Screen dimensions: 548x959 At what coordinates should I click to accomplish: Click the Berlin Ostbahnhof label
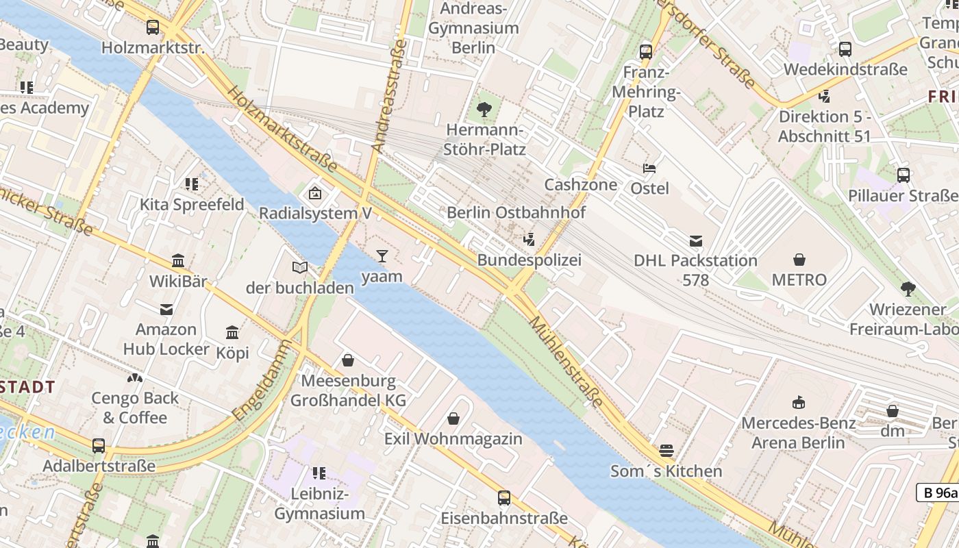click(516, 212)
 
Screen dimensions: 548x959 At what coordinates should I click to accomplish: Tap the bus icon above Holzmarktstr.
click(153, 27)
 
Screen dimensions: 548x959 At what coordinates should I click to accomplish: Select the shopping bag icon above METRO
click(799, 260)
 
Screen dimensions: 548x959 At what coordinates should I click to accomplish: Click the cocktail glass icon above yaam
click(382, 256)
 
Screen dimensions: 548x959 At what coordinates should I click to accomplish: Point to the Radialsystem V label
click(315, 213)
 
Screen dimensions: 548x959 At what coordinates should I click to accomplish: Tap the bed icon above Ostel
click(649, 168)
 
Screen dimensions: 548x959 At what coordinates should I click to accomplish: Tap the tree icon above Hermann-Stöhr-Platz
click(484, 109)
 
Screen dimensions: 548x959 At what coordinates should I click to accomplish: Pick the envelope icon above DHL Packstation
click(696, 240)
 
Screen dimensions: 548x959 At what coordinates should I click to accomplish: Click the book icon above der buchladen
click(300, 268)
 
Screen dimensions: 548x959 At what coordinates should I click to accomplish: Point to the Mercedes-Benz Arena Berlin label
click(798, 432)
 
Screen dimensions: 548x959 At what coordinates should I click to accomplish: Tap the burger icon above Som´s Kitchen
click(667, 451)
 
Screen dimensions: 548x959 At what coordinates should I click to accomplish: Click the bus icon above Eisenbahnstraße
click(504, 498)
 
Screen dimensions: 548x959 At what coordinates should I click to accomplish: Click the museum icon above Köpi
click(232, 333)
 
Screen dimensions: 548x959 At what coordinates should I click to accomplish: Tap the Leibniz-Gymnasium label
click(319, 503)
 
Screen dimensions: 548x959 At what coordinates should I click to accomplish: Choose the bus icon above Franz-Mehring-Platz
click(645, 51)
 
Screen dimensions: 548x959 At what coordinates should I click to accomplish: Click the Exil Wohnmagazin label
click(453, 438)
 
